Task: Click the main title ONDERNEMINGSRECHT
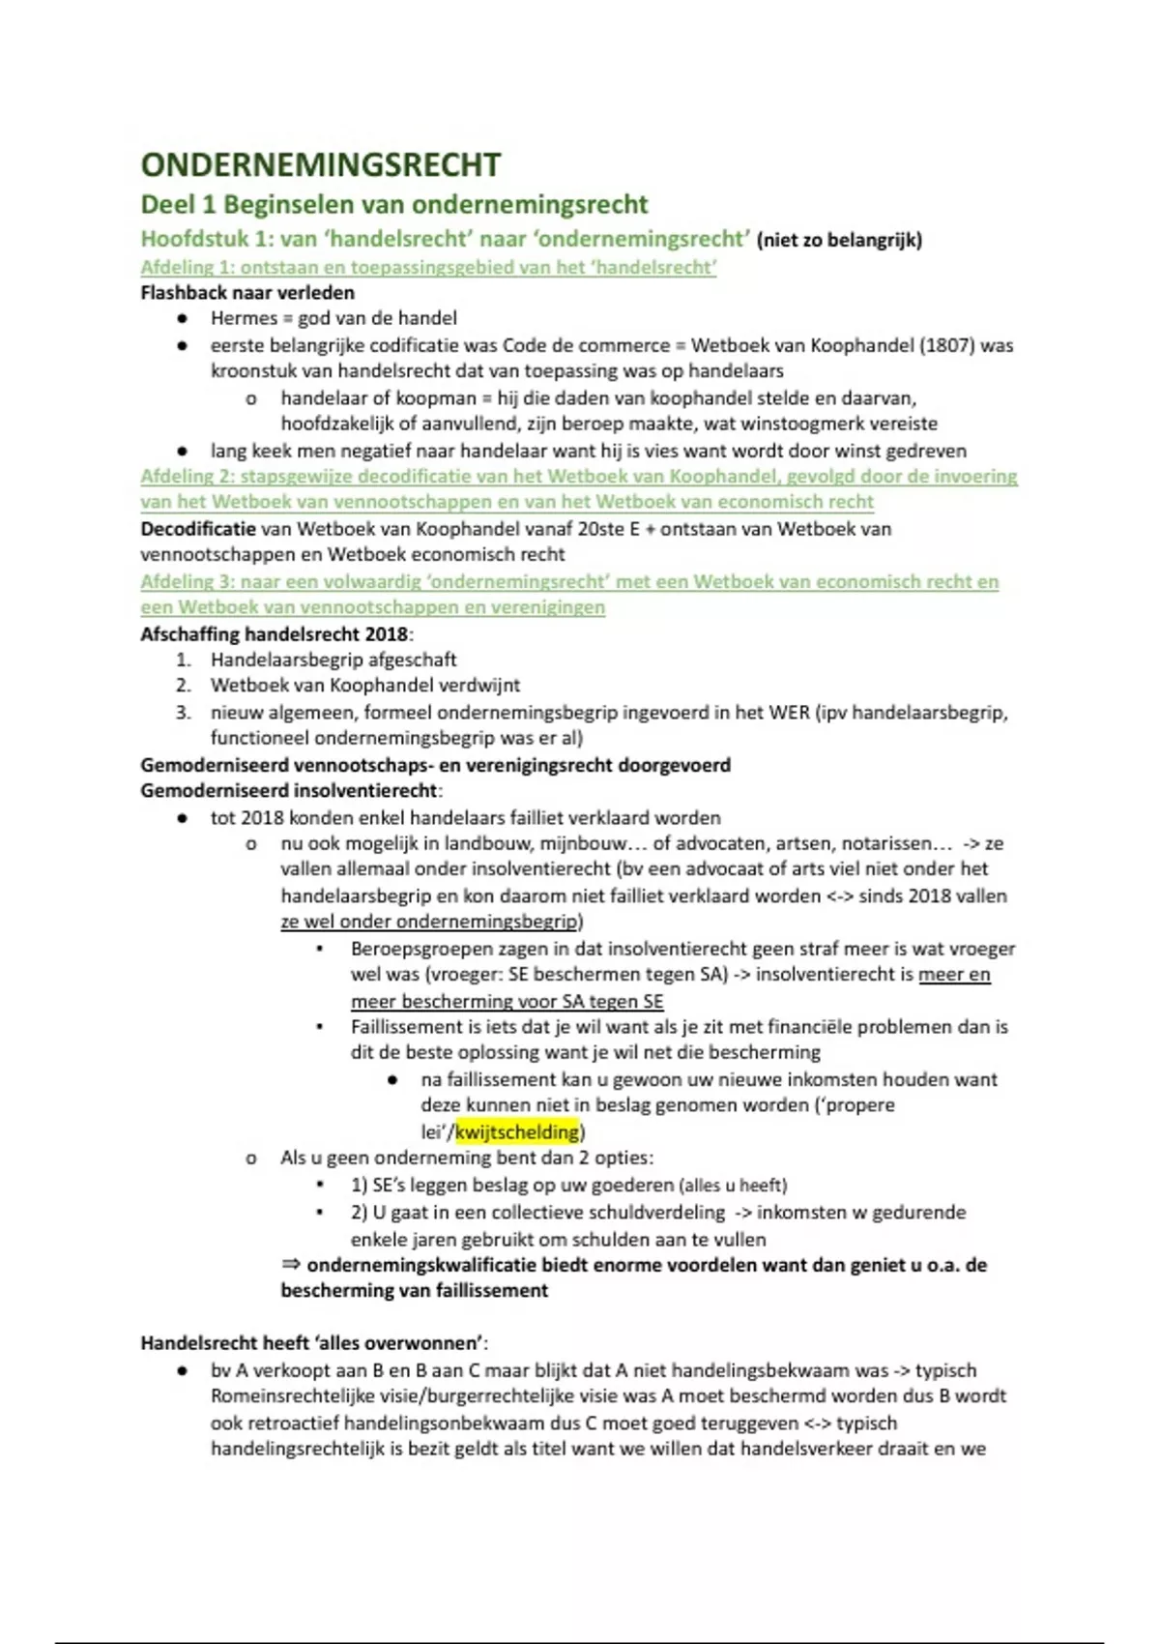[x=320, y=164]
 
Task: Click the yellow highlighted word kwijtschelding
[x=517, y=1131]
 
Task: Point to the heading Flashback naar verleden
[x=247, y=292]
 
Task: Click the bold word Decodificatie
[x=198, y=529]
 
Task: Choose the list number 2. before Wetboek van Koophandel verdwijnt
[x=184, y=686]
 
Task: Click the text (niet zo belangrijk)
[x=839, y=240]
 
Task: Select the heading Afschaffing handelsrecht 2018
[x=275, y=634]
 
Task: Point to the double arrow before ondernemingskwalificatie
[x=291, y=1265]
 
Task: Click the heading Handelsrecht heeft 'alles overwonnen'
[x=313, y=1343]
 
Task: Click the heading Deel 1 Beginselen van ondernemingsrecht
[x=394, y=205]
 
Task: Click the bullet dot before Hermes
[x=182, y=318]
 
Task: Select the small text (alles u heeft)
[x=733, y=1186]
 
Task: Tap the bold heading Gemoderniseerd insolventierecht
[x=288, y=791]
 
